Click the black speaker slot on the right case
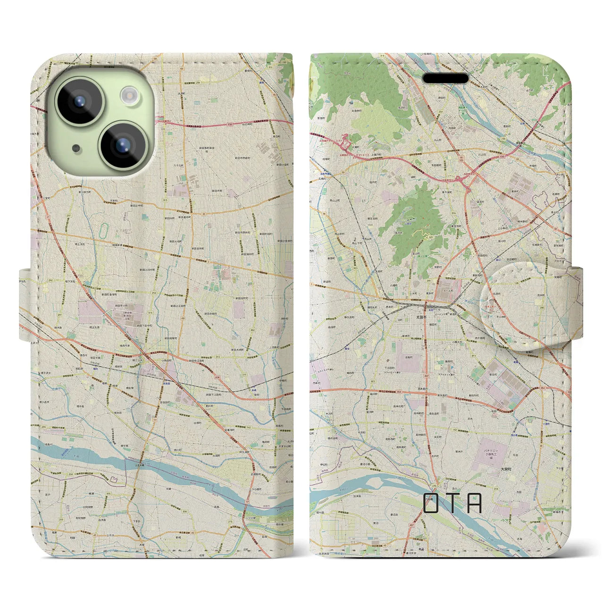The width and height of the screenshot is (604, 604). (x=445, y=78)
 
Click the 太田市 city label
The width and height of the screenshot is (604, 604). (x=422, y=319)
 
